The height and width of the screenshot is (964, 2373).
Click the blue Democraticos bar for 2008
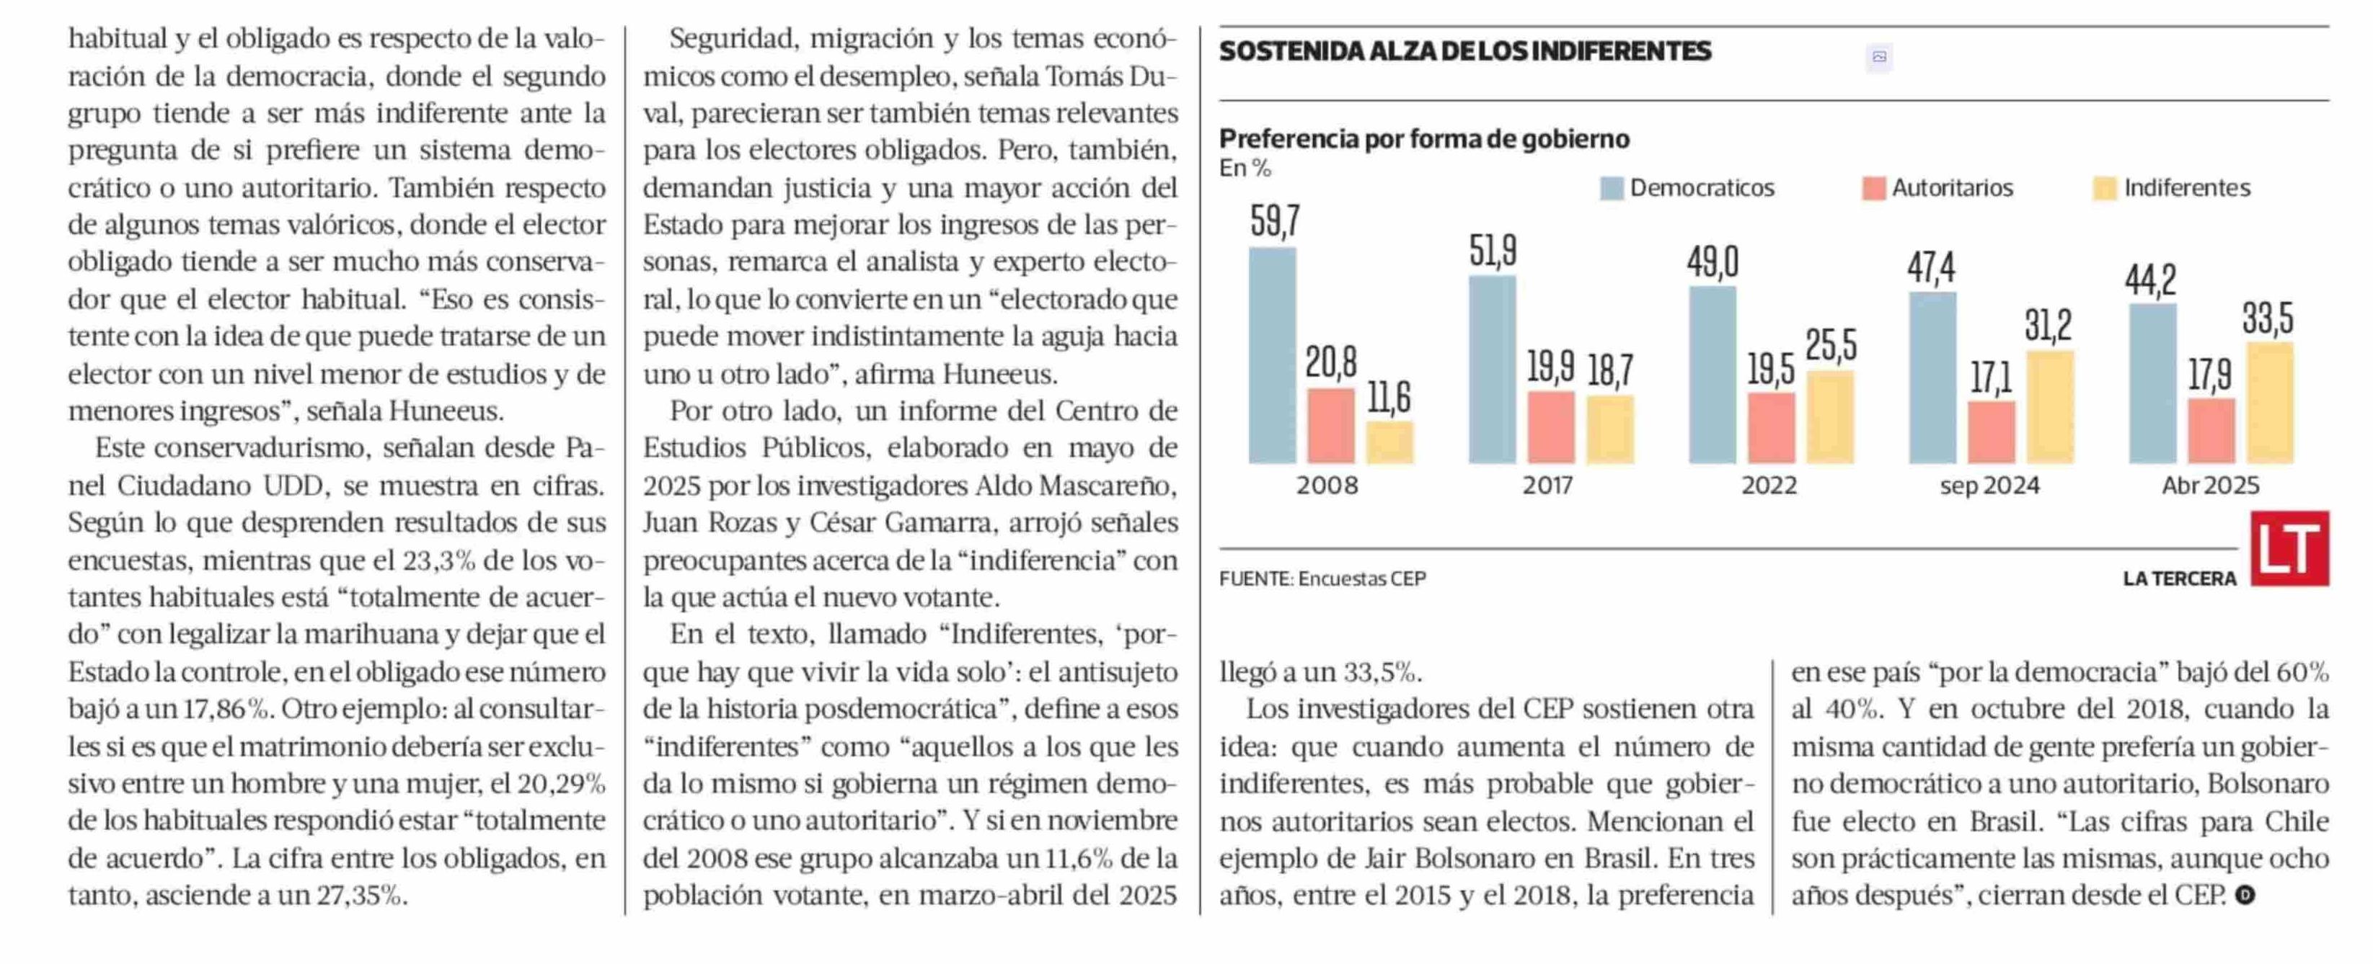(x=1272, y=355)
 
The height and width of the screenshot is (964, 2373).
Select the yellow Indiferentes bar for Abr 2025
(x=2270, y=402)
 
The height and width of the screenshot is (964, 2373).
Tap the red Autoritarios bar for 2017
(x=1551, y=427)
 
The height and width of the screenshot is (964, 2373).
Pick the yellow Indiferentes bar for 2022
(x=1831, y=417)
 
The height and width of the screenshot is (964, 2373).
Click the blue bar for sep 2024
(x=1932, y=378)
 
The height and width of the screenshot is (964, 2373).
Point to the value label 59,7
(x=1275, y=221)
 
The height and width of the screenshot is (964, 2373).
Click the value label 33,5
(x=2268, y=318)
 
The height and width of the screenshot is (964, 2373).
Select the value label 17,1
(x=1991, y=378)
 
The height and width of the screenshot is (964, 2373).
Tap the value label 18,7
(x=1610, y=370)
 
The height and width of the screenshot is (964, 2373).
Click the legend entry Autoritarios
(x=1937, y=188)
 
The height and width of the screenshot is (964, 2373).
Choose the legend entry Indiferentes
(x=2172, y=188)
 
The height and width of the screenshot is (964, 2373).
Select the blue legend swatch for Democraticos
(x=1611, y=189)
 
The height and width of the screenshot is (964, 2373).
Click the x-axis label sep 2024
(x=1990, y=485)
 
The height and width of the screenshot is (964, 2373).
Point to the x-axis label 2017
(x=1547, y=485)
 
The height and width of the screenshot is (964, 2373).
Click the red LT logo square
(x=2290, y=549)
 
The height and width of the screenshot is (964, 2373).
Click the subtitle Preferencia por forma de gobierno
(x=1424, y=139)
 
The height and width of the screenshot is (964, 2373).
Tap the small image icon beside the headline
(x=1879, y=57)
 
